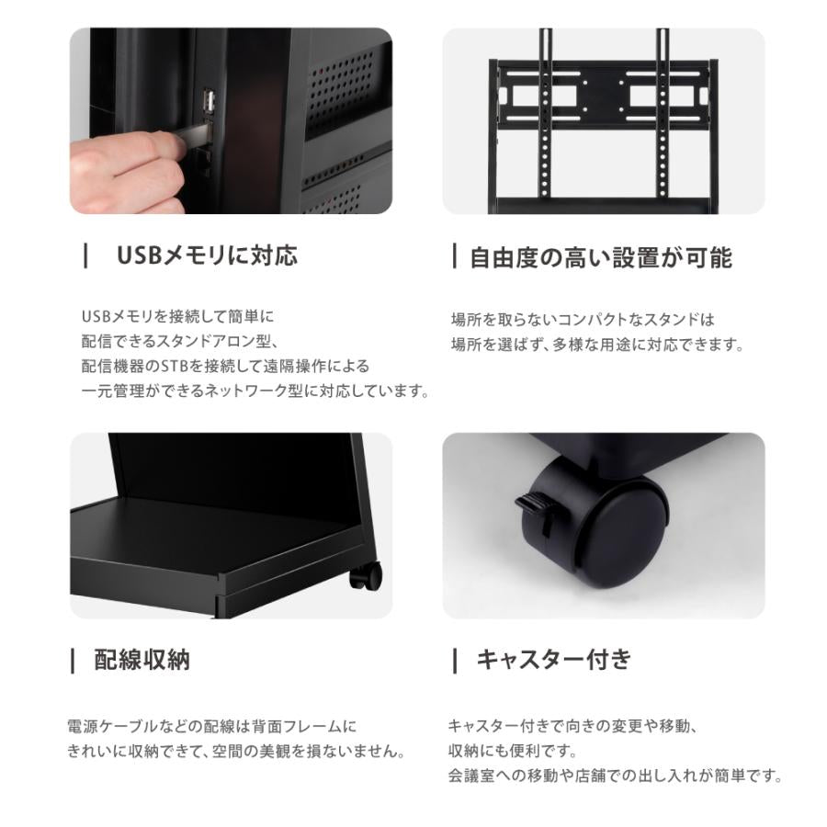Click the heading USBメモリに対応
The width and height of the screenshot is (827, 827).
click(206, 255)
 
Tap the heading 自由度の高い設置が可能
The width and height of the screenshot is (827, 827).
click(600, 257)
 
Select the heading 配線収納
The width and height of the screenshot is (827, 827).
click(142, 660)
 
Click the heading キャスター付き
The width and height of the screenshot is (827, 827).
click(553, 660)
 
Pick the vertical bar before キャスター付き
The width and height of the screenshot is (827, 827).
click(455, 660)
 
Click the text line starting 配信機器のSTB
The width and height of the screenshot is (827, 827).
click(227, 366)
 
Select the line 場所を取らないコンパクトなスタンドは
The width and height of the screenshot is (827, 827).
click(582, 320)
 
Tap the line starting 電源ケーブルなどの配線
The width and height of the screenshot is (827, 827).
click(211, 726)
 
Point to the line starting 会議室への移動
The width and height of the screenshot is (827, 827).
click(615, 776)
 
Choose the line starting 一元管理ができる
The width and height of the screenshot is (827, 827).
click(255, 391)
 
